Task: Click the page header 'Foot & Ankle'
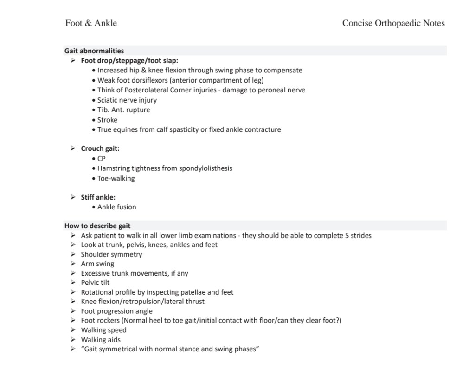pyautogui.click(x=91, y=23)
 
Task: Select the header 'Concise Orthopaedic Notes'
pyautogui.click(x=393, y=23)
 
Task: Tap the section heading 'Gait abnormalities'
pyautogui.click(x=94, y=51)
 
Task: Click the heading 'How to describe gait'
pyautogui.click(x=97, y=226)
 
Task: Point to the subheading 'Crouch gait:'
pyautogui.click(x=100, y=148)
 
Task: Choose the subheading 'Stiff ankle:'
pyautogui.click(x=98, y=197)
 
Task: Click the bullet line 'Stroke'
pyautogui.click(x=107, y=120)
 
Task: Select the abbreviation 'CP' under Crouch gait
pyautogui.click(x=102, y=159)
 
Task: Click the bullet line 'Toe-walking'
pyautogui.click(x=116, y=178)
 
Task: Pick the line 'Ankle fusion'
pyautogui.click(x=116, y=207)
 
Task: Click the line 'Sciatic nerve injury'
pyautogui.click(x=127, y=100)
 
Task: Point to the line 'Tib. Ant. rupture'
pyautogui.click(x=123, y=110)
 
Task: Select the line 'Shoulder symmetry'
pyautogui.click(x=111, y=254)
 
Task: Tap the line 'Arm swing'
pyautogui.click(x=97, y=264)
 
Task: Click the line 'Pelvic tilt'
pyautogui.click(x=95, y=283)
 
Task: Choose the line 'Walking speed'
pyautogui.click(x=103, y=330)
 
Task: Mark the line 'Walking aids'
pyautogui.click(x=101, y=340)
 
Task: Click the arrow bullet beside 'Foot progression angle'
pyautogui.click(x=73, y=311)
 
